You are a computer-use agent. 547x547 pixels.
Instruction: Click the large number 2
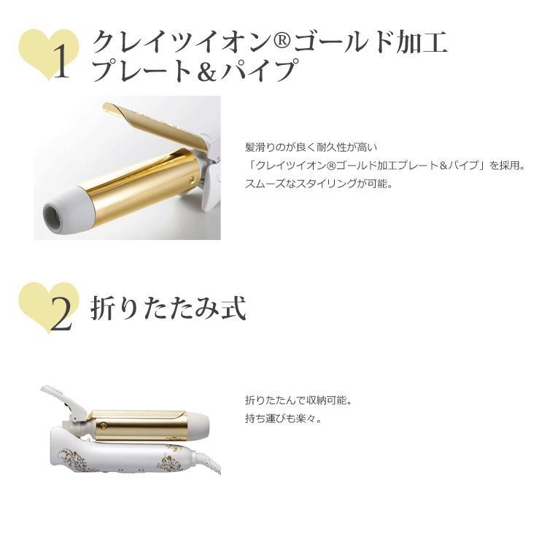[62, 314]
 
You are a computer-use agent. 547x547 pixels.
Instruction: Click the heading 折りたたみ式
[168, 308]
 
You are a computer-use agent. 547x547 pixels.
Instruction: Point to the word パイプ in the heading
[263, 71]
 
